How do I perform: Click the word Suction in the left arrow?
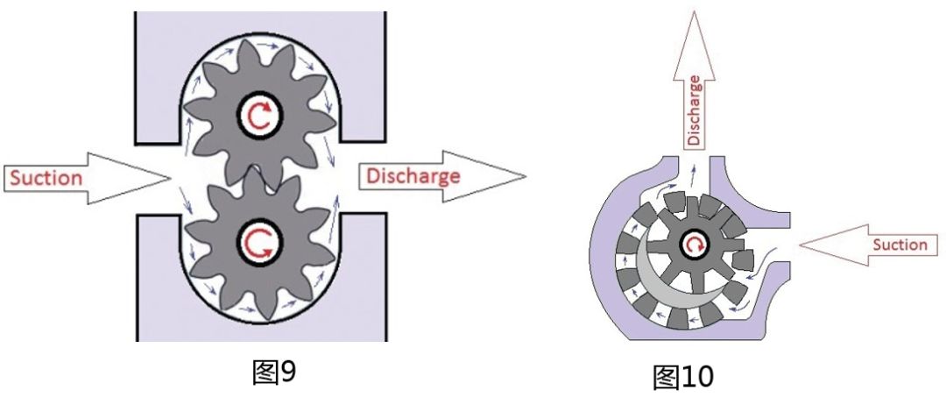(46, 178)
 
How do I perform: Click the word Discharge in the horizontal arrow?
(413, 176)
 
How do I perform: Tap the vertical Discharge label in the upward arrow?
(695, 110)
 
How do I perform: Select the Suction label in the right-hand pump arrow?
(900, 245)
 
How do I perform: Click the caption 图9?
(274, 373)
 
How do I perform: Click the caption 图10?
(683, 377)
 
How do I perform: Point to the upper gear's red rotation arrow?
(260, 116)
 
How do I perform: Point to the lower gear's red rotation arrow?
(261, 242)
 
